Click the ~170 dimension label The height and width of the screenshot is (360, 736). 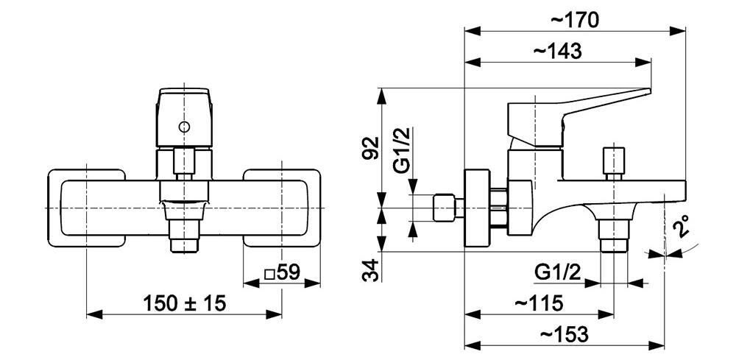[575, 20]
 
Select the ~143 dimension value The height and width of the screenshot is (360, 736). [558, 51]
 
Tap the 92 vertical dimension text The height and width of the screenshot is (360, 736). [372, 148]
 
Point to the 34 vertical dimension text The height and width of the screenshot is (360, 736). [371, 269]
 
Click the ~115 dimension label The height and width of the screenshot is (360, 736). [539, 303]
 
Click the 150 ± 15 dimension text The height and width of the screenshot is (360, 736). [185, 303]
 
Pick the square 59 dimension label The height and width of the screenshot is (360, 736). [282, 272]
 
